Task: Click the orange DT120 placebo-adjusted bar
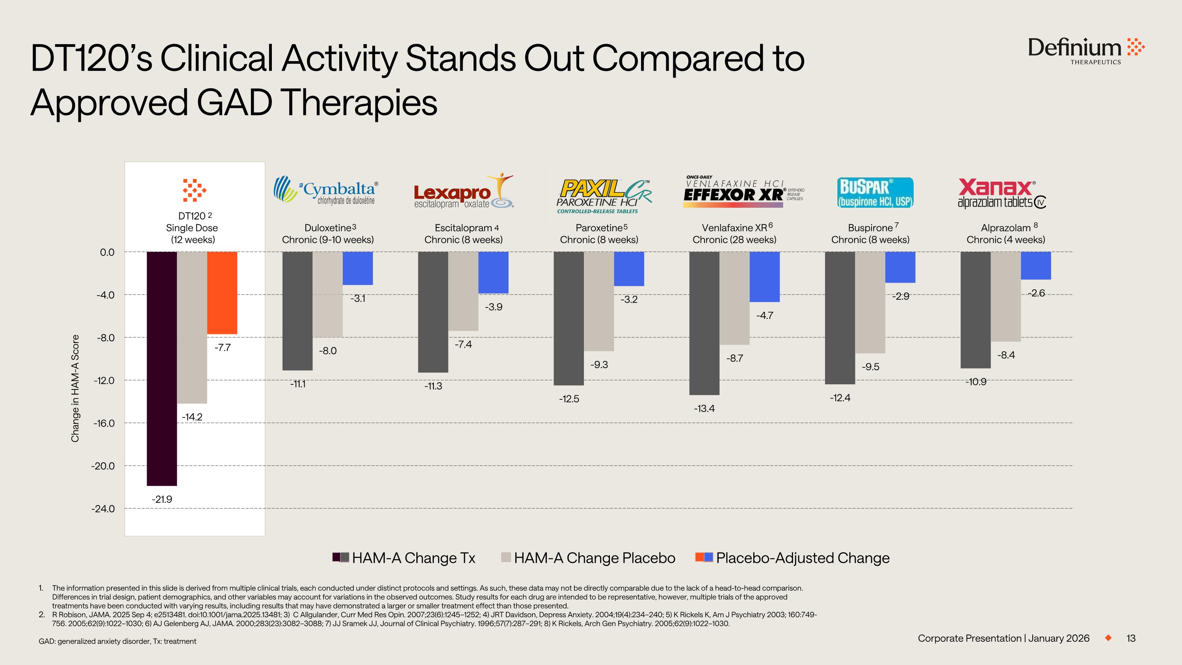click(222, 292)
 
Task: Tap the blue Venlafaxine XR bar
click(764, 276)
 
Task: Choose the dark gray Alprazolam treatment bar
click(976, 310)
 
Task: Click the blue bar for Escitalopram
click(493, 272)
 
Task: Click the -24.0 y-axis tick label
click(104, 509)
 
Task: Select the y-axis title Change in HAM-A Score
click(75, 388)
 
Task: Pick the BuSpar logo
click(875, 193)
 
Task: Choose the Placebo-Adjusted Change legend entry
click(793, 558)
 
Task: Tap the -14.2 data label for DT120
click(192, 417)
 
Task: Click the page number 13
click(1131, 638)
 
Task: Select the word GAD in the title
click(234, 102)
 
